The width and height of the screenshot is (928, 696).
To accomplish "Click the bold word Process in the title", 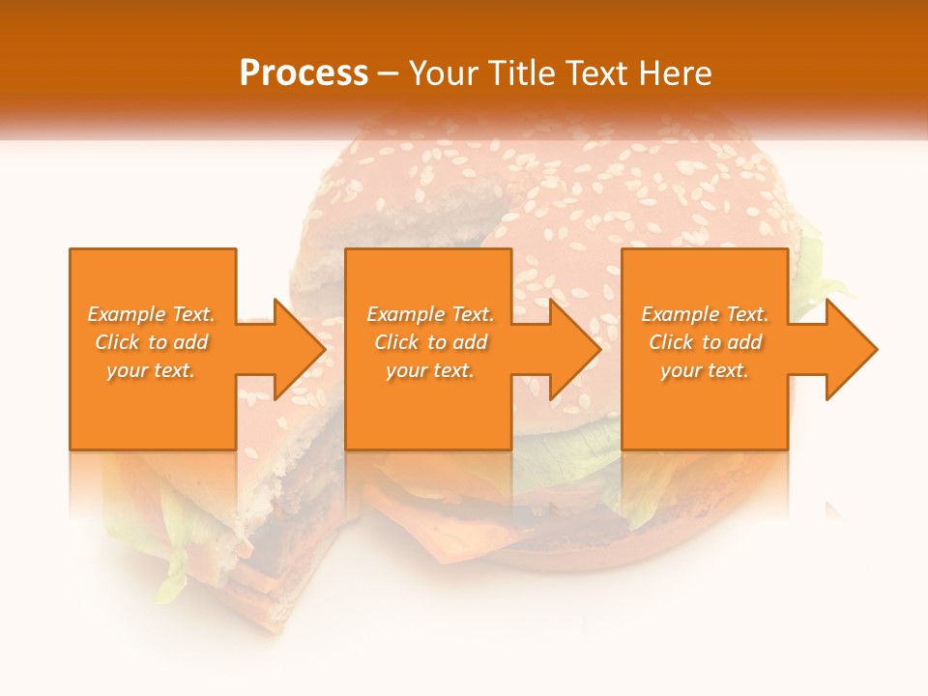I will point(304,73).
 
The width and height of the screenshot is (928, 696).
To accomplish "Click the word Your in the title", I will point(443,73).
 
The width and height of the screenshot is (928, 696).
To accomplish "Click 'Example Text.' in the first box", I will point(151,314).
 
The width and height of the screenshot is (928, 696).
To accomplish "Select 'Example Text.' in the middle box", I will point(430,314).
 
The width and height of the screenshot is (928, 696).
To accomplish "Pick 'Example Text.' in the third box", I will point(705,314).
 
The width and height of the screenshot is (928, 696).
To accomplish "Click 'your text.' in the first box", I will point(151,370).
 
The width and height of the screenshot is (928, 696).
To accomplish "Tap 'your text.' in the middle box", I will point(430,370).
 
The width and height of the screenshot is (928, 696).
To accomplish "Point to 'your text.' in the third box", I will point(705,370).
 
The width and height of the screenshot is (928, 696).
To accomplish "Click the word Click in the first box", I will point(117,342).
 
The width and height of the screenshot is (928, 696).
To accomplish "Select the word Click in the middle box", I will point(396,342).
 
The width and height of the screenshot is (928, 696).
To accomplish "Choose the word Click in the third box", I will point(671,342).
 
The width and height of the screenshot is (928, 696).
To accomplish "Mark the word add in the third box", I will point(744,342).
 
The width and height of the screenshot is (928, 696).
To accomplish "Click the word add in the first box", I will point(190,342).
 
